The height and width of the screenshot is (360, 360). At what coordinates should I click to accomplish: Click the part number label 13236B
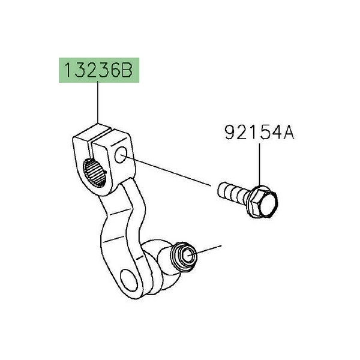tap(99, 70)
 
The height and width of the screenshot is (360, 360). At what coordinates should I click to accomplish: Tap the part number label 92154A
tap(259, 132)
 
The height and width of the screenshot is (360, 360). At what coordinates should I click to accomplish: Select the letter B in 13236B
tap(126, 70)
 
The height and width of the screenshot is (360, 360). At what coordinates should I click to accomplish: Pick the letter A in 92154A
tap(289, 132)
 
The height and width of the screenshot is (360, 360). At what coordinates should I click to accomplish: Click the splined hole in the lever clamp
tap(95, 173)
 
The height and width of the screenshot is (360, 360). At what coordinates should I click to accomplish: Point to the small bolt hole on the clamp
tap(121, 155)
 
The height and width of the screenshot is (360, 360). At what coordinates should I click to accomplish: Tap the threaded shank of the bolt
tap(233, 192)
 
